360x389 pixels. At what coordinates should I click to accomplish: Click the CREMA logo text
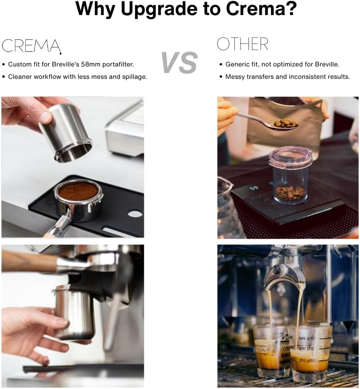[x=31, y=46]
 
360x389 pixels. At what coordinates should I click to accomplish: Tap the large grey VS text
[x=179, y=62]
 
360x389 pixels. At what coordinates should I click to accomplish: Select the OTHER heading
[x=242, y=44]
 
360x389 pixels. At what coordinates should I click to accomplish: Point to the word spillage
[x=133, y=77]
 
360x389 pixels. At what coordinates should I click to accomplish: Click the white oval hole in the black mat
[x=135, y=214]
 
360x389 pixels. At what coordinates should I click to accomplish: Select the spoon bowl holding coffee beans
[x=285, y=124]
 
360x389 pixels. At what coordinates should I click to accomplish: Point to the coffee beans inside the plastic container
[x=290, y=193]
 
